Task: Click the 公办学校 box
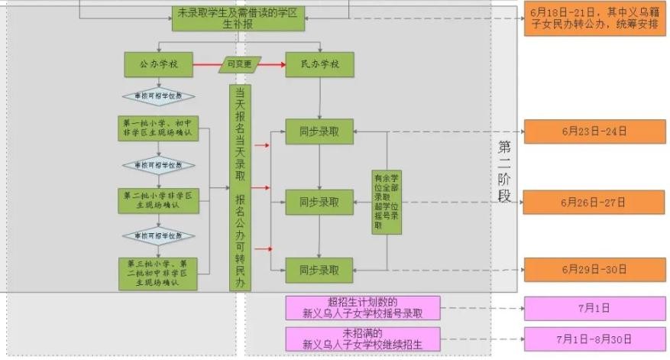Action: click(158, 65)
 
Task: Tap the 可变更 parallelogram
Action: click(240, 65)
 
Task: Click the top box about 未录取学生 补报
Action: click(237, 18)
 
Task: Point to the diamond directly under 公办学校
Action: click(158, 98)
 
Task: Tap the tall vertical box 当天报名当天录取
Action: click(240, 187)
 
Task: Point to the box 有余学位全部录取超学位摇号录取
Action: click(387, 201)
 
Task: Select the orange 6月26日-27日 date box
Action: click(593, 203)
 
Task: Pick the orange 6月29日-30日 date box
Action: click(593, 270)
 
